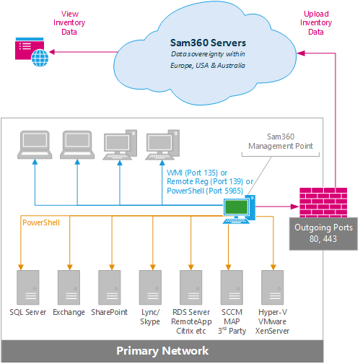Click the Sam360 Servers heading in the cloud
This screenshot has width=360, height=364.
[x=208, y=43]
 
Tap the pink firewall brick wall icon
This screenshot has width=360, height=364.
[x=323, y=202]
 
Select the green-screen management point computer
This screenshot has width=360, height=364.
[x=239, y=209]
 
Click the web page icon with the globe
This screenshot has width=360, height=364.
[x=32, y=52]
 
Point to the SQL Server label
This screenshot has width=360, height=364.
[x=27, y=312]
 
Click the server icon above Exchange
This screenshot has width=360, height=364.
[x=69, y=287]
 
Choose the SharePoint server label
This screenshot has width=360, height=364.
[x=109, y=312]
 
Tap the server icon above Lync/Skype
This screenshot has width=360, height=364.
[x=150, y=287]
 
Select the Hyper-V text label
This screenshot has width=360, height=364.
[x=273, y=312]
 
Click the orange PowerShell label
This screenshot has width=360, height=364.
[x=41, y=222]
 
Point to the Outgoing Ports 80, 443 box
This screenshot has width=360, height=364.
[x=323, y=234]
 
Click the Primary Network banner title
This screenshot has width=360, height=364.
[x=162, y=351]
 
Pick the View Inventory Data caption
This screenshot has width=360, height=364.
[x=69, y=23]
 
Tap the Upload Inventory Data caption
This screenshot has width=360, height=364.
[x=316, y=23]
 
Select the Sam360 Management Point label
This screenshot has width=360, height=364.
[x=281, y=142]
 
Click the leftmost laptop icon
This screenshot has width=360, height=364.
[x=35, y=144]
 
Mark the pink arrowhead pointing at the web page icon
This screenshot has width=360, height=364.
[x=52, y=52]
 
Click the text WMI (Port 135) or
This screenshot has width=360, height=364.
[x=197, y=173]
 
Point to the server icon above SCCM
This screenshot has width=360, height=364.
[x=232, y=287]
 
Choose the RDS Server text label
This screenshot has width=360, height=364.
[x=191, y=312]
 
